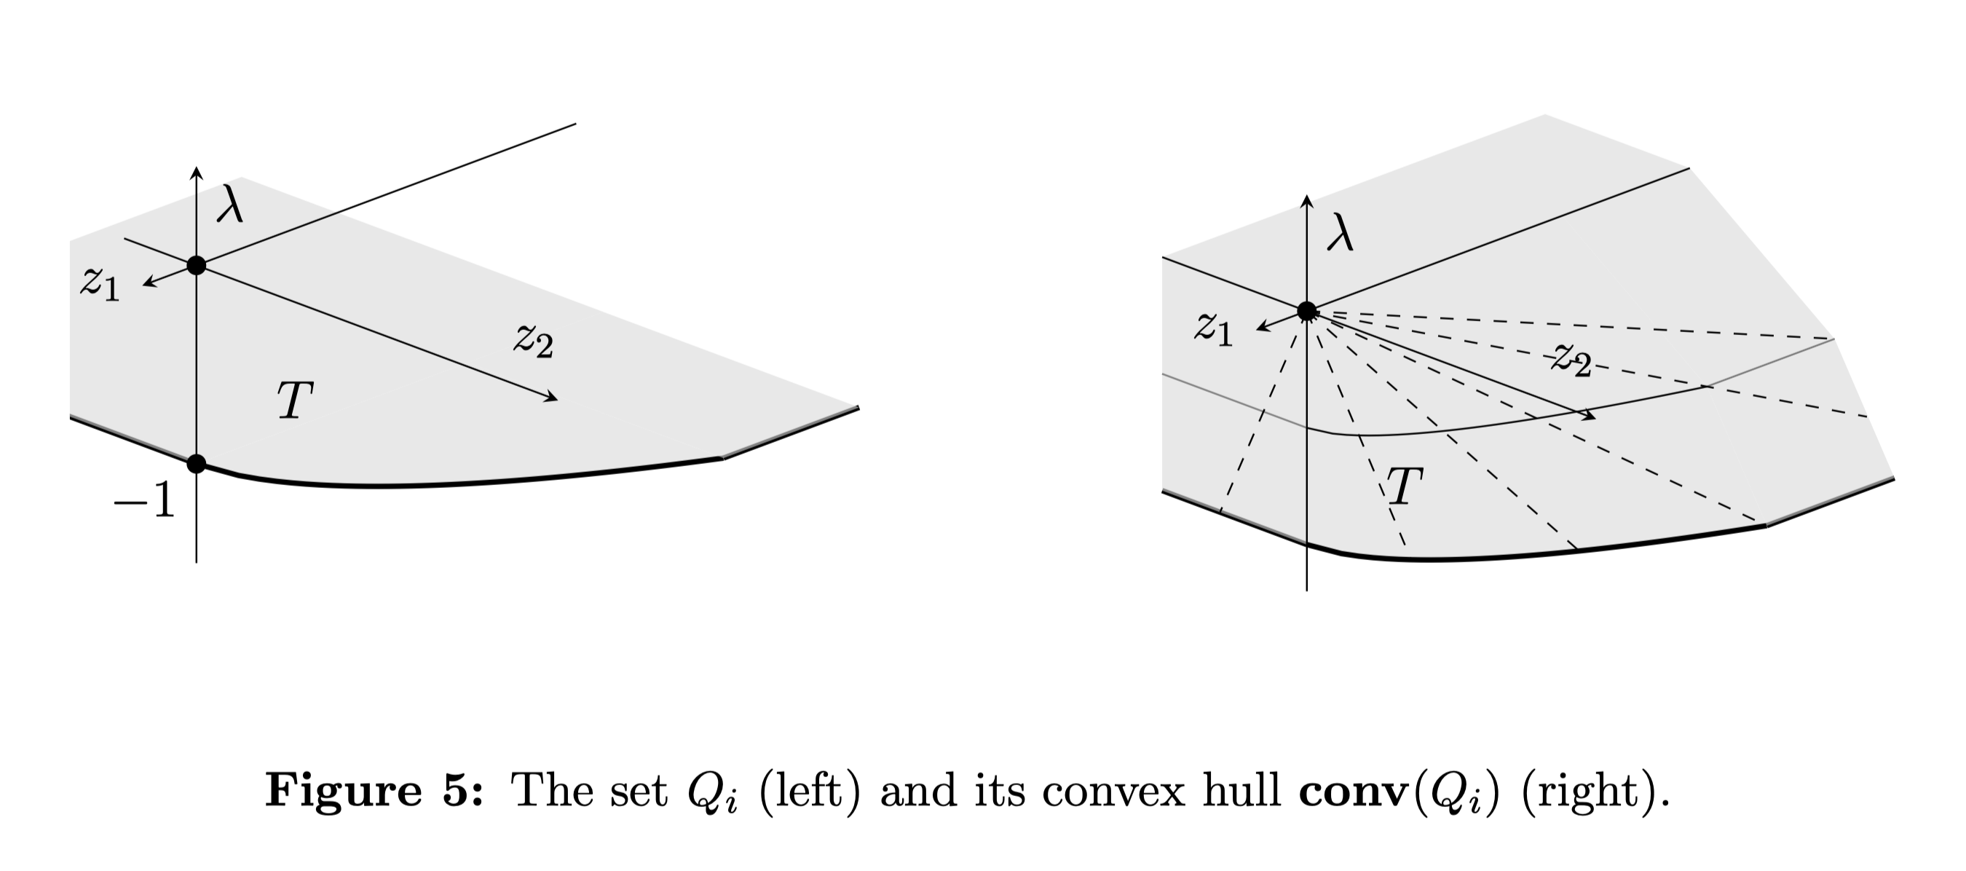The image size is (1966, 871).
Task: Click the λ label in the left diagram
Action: click(x=229, y=204)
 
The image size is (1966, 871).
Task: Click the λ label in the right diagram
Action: click(x=1341, y=233)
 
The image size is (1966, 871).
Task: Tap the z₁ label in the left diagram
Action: click(x=100, y=284)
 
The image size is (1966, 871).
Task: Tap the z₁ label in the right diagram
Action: click(x=1214, y=328)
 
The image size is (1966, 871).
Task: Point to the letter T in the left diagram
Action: click(x=296, y=401)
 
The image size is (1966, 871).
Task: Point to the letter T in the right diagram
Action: click(x=1405, y=486)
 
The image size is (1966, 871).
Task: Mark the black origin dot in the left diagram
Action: click(x=197, y=266)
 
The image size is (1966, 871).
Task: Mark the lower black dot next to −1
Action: click(x=197, y=463)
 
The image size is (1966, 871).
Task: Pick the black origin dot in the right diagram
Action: click(x=1307, y=311)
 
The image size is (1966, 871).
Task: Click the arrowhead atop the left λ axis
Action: click(x=197, y=172)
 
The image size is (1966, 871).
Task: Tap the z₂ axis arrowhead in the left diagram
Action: click(x=552, y=397)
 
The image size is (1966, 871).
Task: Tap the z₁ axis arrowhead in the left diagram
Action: click(x=148, y=284)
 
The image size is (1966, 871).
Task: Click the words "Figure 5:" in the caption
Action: click(x=374, y=790)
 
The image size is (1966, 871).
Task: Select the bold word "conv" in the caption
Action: click(x=1354, y=791)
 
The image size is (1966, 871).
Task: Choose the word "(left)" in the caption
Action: click(x=809, y=791)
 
